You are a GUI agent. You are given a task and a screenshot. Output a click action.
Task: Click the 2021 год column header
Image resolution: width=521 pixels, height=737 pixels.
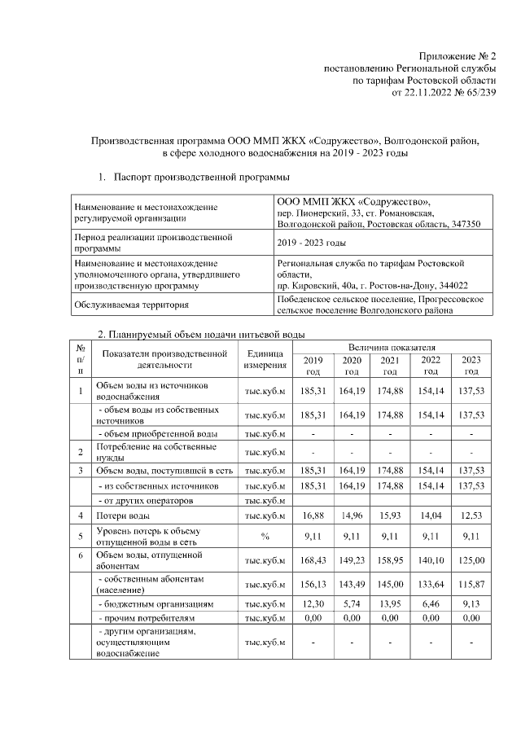391,366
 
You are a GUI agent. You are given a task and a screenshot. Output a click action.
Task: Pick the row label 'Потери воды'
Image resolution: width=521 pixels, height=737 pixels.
122,515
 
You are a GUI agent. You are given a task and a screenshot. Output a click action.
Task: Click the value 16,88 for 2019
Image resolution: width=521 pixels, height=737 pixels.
313,515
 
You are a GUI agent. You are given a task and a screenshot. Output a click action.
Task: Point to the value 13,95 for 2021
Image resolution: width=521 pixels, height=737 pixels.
391,604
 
